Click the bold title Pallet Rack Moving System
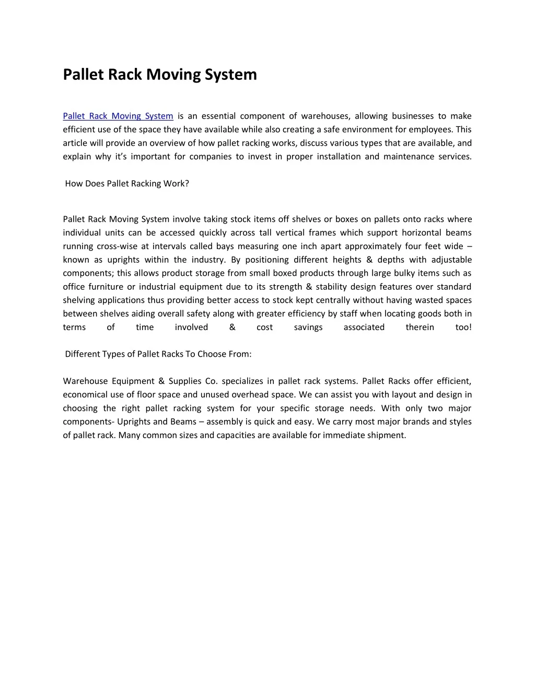coord(160,75)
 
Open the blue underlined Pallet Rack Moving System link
coord(118,116)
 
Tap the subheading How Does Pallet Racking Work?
coord(127,184)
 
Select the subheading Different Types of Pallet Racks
coord(158,354)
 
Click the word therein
coord(420,327)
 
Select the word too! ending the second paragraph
coord(463,327)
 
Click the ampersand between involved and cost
coord(232,327)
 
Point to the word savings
coord(308,327)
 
